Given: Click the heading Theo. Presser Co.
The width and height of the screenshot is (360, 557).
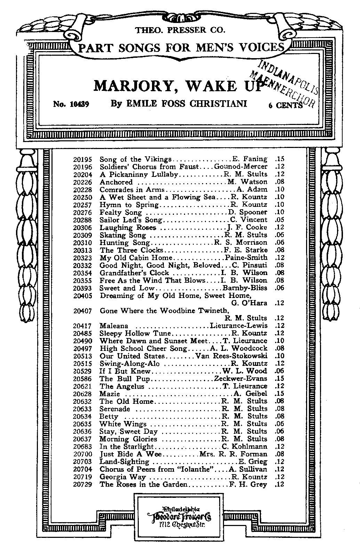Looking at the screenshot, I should coord(180,30).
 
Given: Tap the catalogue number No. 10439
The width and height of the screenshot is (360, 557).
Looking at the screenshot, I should coord(72,104).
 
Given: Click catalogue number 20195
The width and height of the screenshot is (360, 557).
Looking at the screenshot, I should coord(82,159).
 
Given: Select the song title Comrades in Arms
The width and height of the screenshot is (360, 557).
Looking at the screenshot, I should coord(132,190).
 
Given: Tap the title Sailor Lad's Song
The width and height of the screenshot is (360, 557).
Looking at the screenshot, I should coord(131,220).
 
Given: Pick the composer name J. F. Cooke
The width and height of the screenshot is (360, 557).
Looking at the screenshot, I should coord(248,228).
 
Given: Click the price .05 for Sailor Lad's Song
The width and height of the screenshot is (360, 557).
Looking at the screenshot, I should coord(279,220).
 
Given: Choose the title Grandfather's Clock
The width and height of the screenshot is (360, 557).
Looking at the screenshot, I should coord(134,273).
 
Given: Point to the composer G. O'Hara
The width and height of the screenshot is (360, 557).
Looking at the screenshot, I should coord(249,303).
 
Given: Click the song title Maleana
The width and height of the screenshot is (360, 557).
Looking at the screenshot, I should coord(114,326).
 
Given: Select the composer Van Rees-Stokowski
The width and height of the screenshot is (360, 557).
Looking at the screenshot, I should coord(231,356).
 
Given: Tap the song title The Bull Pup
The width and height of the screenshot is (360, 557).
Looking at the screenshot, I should coord(125,379).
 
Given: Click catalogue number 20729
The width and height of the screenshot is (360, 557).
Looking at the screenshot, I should coord(82,485).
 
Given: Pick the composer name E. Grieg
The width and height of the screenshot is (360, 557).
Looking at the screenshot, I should coord(253,462).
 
